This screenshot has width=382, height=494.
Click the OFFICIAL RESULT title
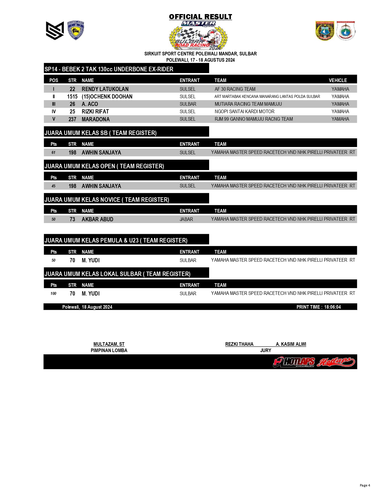pyautogui.click(x=200, y=17)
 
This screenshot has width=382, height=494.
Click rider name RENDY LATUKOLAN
pyautogui.click(x=105, y=89)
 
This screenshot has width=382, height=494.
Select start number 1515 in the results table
pyautogui.click(x=72, y=96)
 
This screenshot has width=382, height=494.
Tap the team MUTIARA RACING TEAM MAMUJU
pyautogui.click(x=248, y=104)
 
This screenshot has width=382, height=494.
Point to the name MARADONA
pyautogui.click(x=96, y=119)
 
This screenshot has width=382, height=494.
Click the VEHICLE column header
pyautogui.click(x=338, y=80)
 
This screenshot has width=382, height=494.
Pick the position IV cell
pyautogui.click(x=54, y=111)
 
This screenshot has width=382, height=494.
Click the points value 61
pyautogui.click(x=53, y=152)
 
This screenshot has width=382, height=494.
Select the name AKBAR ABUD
pyautogui.click(x=97, y=219)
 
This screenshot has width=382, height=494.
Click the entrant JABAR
pyautogui.click(x=186, y=219)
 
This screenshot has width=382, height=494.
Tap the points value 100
pyautogui.click(x=53, y=293)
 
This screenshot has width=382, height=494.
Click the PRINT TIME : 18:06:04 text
pyautogui.click(x=318, y=307)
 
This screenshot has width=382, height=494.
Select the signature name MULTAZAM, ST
pyautogui.click(x=109, y=344)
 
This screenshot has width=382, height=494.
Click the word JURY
pyautogui.click(x=265, y=350)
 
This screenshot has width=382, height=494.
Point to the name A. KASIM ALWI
pyautogui.click(x=291, y=344)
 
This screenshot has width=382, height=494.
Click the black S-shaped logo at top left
pyautogui.click(x=55, y=31)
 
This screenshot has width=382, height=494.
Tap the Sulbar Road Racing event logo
pyautogui.click(x=198, y=36)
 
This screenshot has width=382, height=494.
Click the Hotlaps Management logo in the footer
pyautogui.click(x=294, y=362)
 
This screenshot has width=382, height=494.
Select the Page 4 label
pyautogui.click(x=365, y=485)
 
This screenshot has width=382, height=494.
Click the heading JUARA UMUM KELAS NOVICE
pyautogui.click(x=107, y=200)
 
